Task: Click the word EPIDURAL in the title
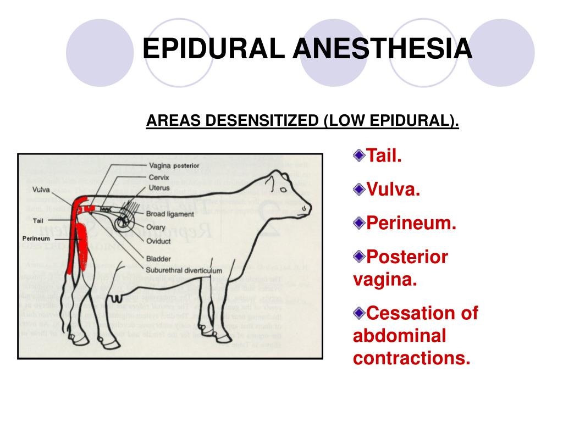click(214, 49)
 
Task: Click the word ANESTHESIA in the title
click(382, 49)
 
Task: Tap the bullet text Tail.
click(384, 156)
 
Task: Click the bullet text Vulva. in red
click(393, 190)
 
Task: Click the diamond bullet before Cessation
click(359, 313)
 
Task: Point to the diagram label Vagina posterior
click(174, 165)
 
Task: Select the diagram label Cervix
click(159, 177)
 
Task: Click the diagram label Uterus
click(159, 188)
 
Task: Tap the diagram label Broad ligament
click(170, 214)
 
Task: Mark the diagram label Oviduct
click(158, 241)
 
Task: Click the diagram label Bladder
click(158, 259)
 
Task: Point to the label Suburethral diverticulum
click(184, 270)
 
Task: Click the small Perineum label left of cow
click(36, 238)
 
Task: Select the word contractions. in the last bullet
click(412, 358)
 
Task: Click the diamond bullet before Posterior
click(359, 257)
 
